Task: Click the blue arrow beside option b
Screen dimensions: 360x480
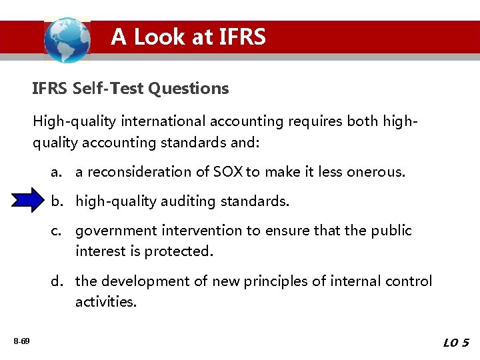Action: (29, 201)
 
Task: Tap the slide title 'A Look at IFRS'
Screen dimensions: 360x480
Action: (188, 37)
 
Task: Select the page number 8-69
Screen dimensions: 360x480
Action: (21, 341)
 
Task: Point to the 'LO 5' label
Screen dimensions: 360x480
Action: (456, 343)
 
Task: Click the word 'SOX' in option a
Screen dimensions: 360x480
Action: (228, 172)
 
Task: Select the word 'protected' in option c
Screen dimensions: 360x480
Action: (179, 251)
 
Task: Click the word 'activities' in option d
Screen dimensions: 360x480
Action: (105, 302)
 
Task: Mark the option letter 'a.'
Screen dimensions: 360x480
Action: (56, 172)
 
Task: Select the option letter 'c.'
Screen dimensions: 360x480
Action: (56, 231)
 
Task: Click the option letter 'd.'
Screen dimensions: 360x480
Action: (57, 281)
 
